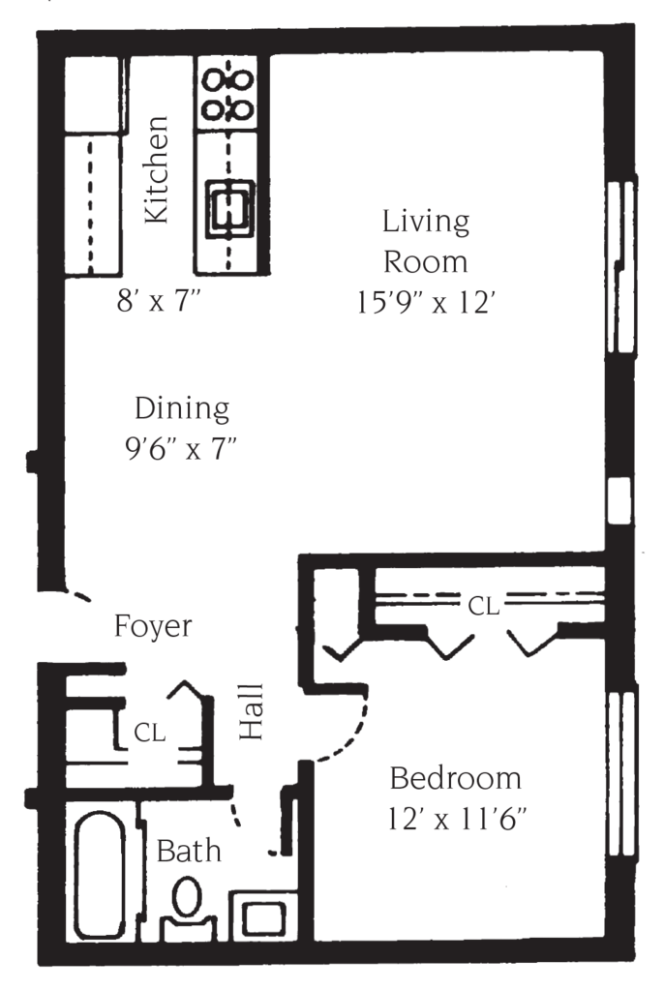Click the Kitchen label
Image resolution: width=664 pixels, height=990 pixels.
tap(157, 170)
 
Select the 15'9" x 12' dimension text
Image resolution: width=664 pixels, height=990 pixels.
tap(426, 302)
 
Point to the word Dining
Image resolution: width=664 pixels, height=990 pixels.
tap(182, 408)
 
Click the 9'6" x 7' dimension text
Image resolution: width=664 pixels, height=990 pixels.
tap(183, 450)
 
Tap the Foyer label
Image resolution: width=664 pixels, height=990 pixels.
tap(152, 626)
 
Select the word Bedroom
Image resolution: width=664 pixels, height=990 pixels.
tap(455, 778)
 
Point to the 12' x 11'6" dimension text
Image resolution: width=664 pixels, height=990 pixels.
tap(457, 821)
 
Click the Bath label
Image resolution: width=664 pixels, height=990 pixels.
tap(189, 852)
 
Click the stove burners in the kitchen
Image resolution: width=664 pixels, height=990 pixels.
tap(226, 93)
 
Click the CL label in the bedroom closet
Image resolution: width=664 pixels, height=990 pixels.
tap(484, 607)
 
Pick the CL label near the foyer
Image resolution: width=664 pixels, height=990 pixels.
tap(149, 734)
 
